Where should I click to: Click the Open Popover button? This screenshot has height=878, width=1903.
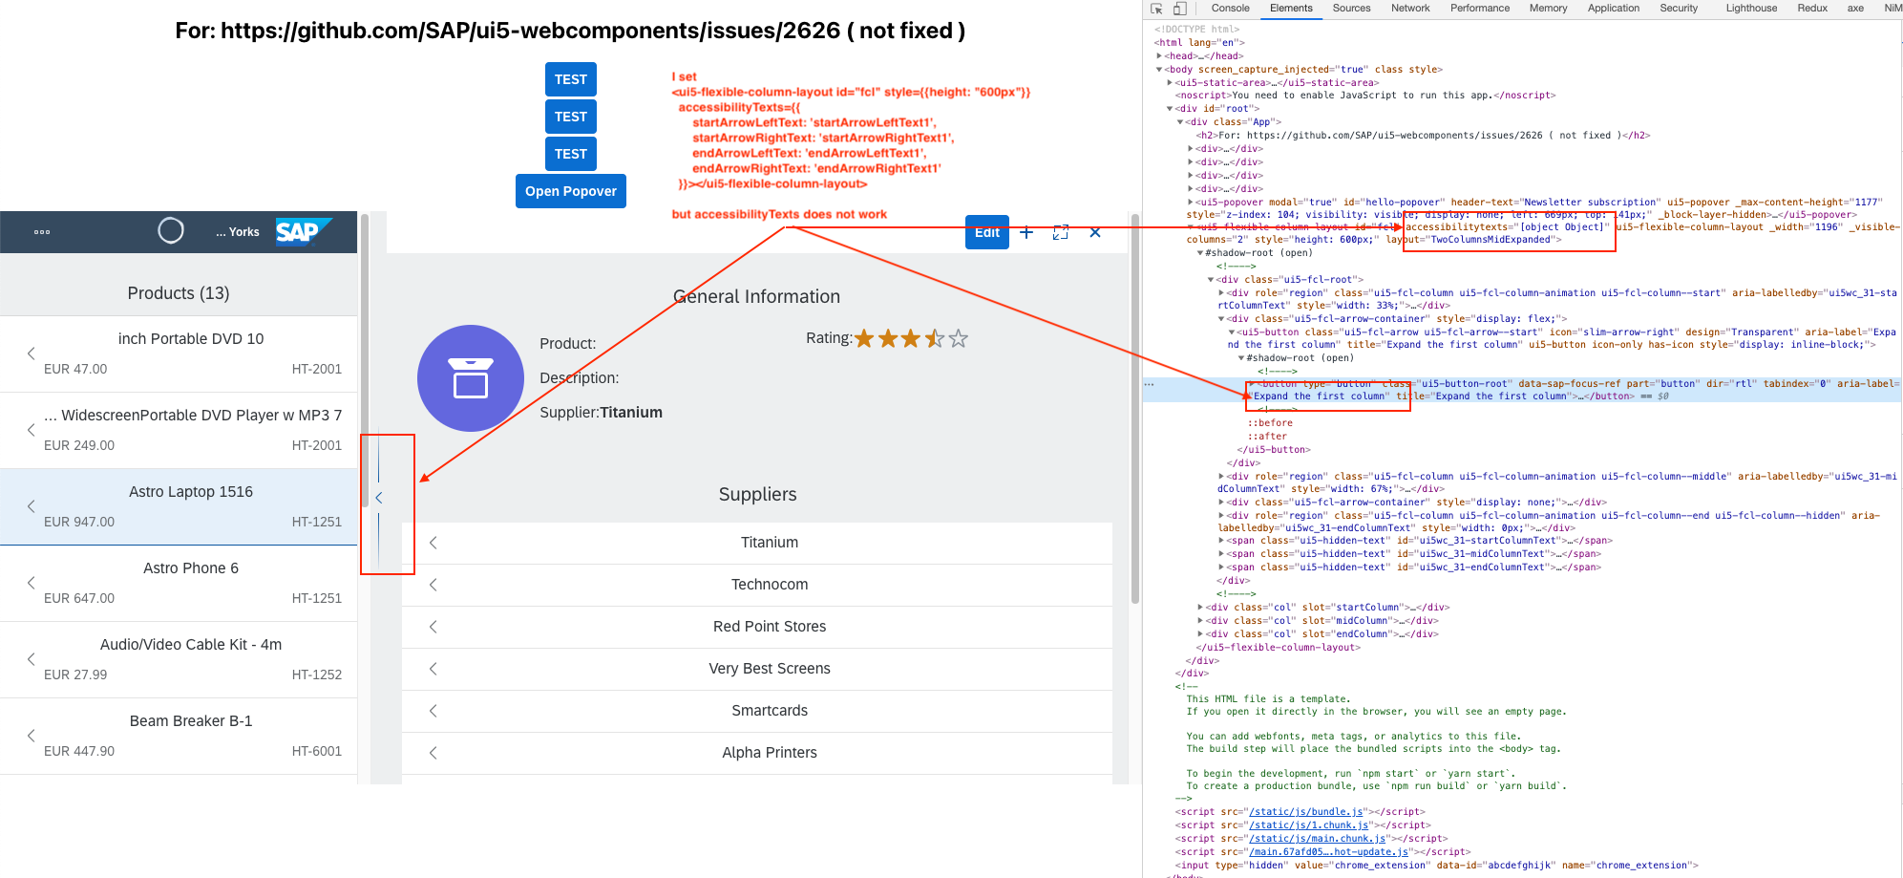click(x=570, y=191)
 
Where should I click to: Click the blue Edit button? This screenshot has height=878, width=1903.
click(x=986, y=232)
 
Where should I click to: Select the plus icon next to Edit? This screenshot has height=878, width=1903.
click(x=1026, y=232)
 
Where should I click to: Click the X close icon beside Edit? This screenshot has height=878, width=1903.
click(x=1095, y=232)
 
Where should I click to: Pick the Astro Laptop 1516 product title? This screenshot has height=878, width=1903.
click(x=191, y=492)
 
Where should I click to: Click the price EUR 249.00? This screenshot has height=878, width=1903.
click(x=79, y=445)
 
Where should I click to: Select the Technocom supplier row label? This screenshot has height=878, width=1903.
click(x=770, y=585)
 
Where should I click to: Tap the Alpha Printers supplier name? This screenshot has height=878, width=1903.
click(x=770, y=753)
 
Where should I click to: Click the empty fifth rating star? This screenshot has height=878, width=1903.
click(x=959, y=338)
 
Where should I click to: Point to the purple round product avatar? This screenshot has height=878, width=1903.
click(x=471, y=378)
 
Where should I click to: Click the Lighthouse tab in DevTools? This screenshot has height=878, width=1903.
click(x=1751, y=9)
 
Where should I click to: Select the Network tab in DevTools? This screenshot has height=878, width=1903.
click(x=1410, y=9)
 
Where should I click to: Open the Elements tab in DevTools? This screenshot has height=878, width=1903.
click(x=1291, y=9)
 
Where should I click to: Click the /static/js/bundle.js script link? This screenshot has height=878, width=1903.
click(x=1307, y=812)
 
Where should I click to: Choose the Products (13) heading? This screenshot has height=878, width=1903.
click(x=179, y=293)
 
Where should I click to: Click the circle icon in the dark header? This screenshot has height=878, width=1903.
click(x=171, y=231)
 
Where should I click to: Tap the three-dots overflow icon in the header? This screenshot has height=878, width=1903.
click(x=42, y=232)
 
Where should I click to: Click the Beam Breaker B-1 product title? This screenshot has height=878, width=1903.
click(x=191, y=721)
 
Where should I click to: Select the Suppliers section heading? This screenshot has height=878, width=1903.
click(x=757, y=495)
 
